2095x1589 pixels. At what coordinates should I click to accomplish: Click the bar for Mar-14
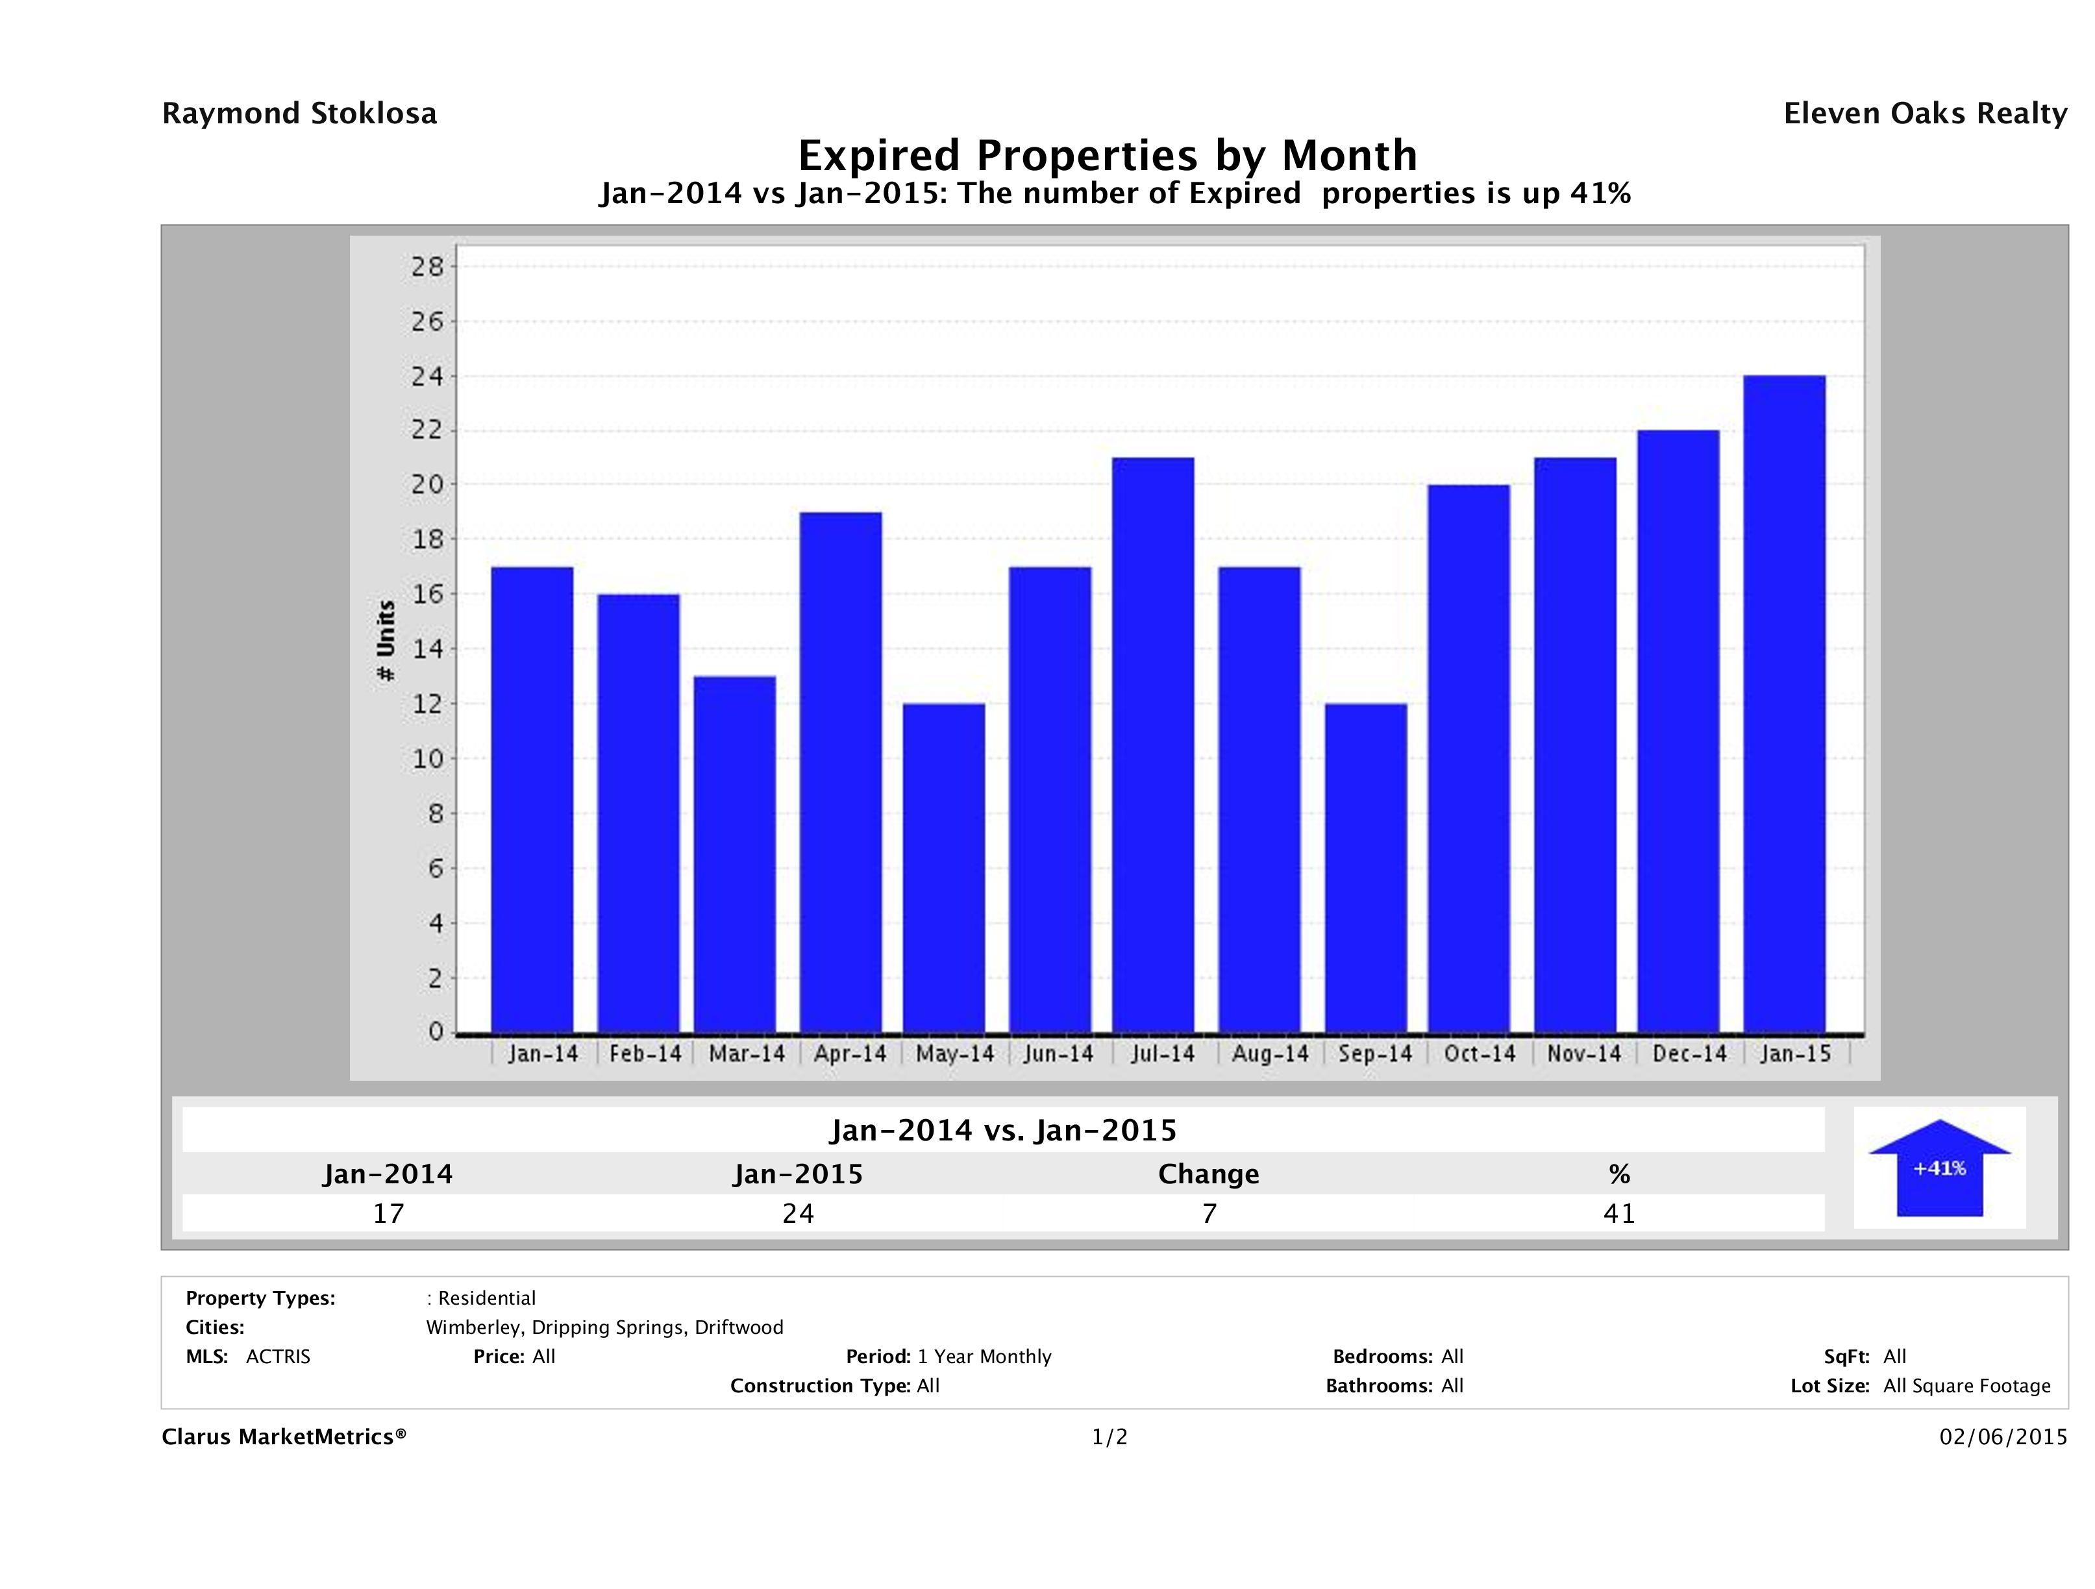pyautogui.click(x=734, y=854)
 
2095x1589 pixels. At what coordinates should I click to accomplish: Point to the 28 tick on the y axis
pyautogui.click(x=427, y=267)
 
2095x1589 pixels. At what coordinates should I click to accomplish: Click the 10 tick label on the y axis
pyautogui.click(x=427, y=759)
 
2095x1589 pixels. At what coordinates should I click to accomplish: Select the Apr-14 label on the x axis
pyautogui.click(x=850, y=1054)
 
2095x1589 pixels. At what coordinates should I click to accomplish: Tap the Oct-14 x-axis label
pyautogui.click(x=1480, y=1054)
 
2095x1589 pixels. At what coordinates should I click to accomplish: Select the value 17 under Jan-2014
pyautogui.click(x=388, y=1213)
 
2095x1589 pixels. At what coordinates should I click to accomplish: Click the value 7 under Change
pyautogui.click(x=1209, y=1213)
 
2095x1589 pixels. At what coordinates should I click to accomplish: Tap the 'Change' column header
pyautogui.click(x=1209, y=1174)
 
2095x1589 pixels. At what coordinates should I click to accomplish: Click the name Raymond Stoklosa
pyautogui.click(x=299, y=114)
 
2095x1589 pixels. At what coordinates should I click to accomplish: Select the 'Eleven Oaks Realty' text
pyautogui.click(x=1924, y=114)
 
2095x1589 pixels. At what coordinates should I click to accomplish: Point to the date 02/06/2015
pyautogui.click(x=2003, y=1438)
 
